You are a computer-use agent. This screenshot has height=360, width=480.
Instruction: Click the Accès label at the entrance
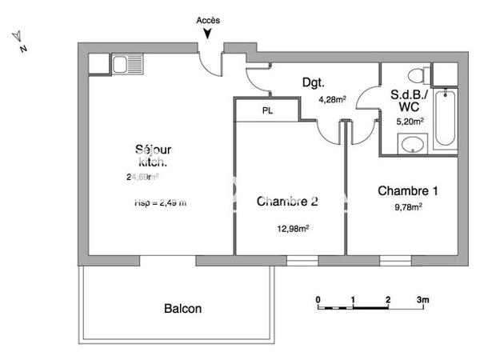point(208,20)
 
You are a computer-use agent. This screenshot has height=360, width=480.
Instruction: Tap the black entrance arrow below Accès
point(208,34)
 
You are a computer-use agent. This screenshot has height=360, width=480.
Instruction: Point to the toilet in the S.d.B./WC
point(415,76)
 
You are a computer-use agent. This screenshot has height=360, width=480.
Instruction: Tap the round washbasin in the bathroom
point(413,145)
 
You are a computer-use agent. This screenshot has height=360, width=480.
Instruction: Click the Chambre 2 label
point(287,202)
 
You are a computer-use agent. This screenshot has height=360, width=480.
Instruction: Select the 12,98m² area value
point(294,228)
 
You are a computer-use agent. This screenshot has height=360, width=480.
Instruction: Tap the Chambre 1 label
point(408,191)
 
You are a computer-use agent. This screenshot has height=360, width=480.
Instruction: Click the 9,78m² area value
point(407,206)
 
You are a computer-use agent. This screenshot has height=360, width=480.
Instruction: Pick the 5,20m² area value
point(410,122)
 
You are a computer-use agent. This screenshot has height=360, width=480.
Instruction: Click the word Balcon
point(183,308)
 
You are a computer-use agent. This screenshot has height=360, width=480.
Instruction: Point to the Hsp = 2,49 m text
point(161,203)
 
